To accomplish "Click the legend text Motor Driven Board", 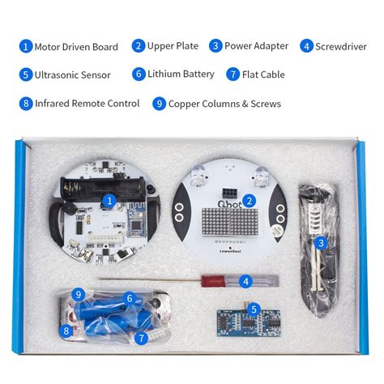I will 75,47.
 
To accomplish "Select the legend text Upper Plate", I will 172,46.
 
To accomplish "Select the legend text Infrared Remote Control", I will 87,103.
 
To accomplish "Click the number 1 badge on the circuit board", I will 109,199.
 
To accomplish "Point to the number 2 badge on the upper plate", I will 250,199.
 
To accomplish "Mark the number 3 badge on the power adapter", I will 321,242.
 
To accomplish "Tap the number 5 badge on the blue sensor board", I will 254,309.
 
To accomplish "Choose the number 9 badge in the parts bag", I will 79,293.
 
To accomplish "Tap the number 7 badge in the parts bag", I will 143,337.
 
